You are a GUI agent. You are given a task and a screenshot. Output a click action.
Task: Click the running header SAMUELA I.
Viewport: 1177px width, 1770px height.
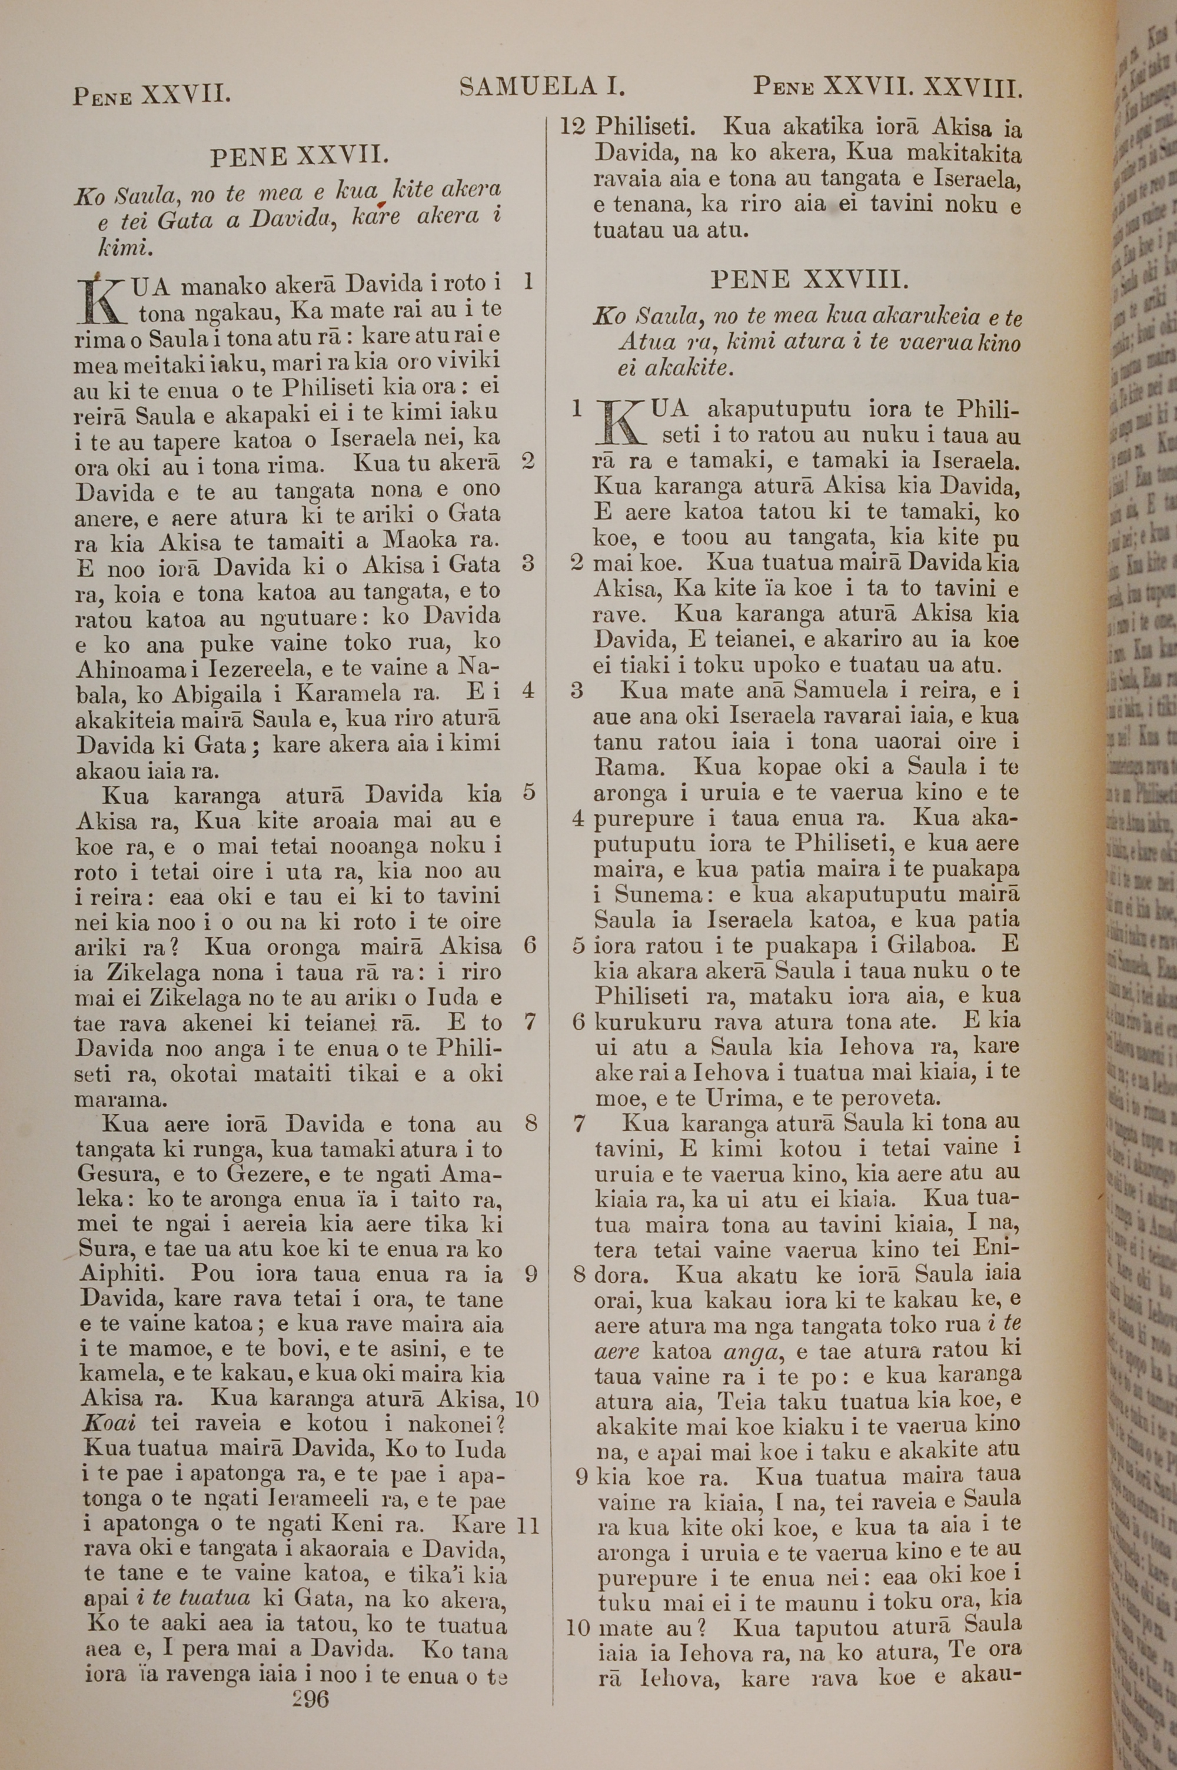(543, 88)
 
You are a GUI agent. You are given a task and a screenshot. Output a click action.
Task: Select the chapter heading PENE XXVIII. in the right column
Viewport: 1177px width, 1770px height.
(809, 280)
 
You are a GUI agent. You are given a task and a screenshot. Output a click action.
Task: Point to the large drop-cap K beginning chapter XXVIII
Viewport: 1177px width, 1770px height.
(621, 423)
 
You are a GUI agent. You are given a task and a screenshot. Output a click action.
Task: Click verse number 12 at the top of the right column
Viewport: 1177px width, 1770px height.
(572, 126)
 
